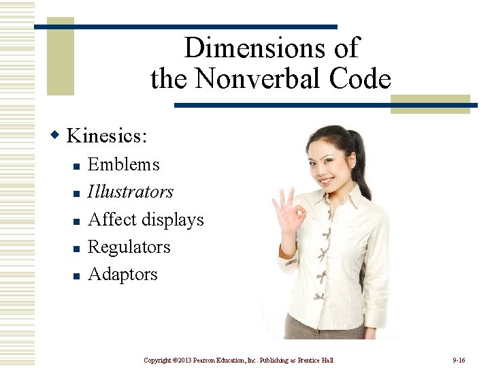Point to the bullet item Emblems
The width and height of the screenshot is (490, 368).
coord(124,165)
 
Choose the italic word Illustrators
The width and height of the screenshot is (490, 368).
coord(131,192)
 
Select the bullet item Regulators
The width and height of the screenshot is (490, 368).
coord(129,247)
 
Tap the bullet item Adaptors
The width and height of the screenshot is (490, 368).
coord(123,274)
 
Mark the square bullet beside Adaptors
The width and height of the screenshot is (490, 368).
coord(77,276)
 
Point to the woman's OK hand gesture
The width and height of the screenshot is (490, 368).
coord(289,211)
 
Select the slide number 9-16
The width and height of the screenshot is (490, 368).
coord(459,359)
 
